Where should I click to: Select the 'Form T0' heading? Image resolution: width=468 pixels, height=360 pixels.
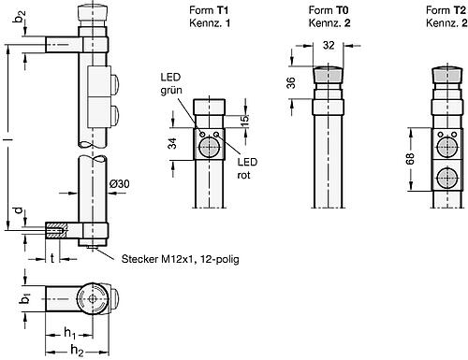coord(324,8)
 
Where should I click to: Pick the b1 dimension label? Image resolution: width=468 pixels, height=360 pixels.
coord(27,301)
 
